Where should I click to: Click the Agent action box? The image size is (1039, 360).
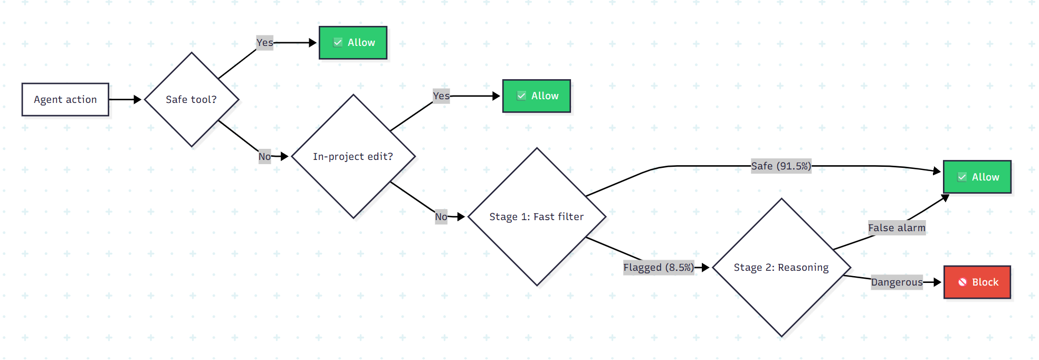pyautogui.click(x=65, y=99)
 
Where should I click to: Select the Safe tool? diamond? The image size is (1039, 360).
pyautogui.click(x=192, y=99)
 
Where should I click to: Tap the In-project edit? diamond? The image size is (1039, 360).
pyautogui.click(x=353, y=156)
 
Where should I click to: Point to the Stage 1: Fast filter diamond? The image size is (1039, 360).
pyautogui.click(x=537, y=216)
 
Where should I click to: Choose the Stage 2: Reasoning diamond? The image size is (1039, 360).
pyautogui.click(x=781, y=268)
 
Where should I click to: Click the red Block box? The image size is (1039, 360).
pyautogui.click(x=977, y=282)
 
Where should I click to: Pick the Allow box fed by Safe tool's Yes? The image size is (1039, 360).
pyautogui.click(x=353, y=43)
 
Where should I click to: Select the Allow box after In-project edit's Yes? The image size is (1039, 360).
pyautogui.click(x=537, y=96)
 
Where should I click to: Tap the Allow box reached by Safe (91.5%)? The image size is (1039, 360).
pyautogui.click(x=977, y=177)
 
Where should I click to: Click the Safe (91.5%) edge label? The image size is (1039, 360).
pyautogui.click(x=781, y=166)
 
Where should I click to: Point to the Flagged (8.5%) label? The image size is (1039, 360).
pyautogui.click(x=659, y=268)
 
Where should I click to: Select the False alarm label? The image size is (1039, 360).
pyautogui.click(x=897, y=228)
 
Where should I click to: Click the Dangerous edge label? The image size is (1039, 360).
pyautogui.click(x=897, y=282)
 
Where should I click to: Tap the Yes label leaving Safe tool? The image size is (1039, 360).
pyautogui.click(x=265, y=43)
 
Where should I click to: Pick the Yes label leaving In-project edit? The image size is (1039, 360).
pyautogui.click(x=441, y=96)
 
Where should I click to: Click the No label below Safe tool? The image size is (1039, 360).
pyautogui.click(x=264, y=156)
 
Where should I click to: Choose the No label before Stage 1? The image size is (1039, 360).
pyautogui.click(x=441, y=216)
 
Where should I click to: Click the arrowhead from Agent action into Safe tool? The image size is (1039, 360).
pyautogui.click(x=138, y=99)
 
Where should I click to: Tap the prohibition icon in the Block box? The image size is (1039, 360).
pyautogui.click(x=962, y=282)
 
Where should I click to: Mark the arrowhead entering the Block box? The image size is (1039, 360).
pyautogui.click(x=937, y=282)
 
